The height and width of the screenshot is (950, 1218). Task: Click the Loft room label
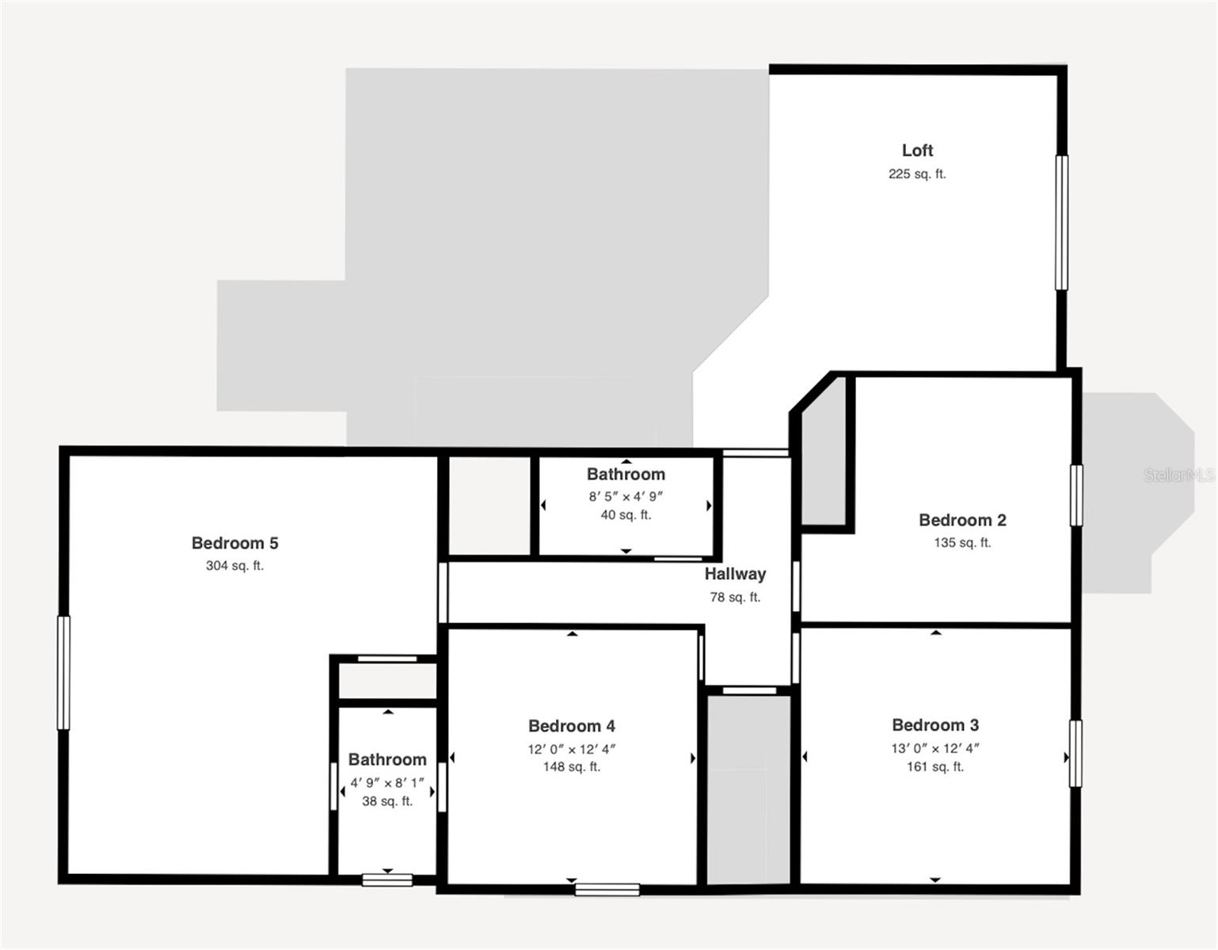click(917, 150)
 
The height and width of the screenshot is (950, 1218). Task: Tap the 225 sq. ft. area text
click(917, 174)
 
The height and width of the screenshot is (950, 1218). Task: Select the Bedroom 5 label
click(234, 543)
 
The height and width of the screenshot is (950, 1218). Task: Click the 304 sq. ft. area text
click(234, 566)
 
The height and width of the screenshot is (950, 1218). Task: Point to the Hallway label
click(735, 574)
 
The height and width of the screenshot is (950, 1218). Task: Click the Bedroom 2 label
click(962, 520)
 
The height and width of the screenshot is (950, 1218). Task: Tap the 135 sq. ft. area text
click(962, 543)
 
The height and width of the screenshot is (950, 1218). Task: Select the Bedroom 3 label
click(935, 725)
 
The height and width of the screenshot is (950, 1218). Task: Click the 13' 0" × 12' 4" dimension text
click(935, 748)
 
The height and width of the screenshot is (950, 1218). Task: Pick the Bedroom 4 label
click(572, 726)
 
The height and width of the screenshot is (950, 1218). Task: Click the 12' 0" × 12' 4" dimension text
click(572, 749)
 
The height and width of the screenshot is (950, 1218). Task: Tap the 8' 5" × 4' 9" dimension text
click(626, 497)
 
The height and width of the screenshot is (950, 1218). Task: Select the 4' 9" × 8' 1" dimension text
click(387, 783)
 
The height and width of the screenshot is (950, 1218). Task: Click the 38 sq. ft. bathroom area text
click(387, 801)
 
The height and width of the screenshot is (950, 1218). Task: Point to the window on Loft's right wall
click(1061, 222)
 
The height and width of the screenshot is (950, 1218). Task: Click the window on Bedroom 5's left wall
click(63, 673)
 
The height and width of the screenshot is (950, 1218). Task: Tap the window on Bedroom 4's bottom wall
click(607, 889)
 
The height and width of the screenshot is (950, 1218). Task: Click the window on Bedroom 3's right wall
click(1075, 754)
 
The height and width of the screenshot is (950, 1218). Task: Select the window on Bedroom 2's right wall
click(1076, 495)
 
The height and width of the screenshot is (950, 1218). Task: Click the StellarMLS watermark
click(1178, 475)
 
